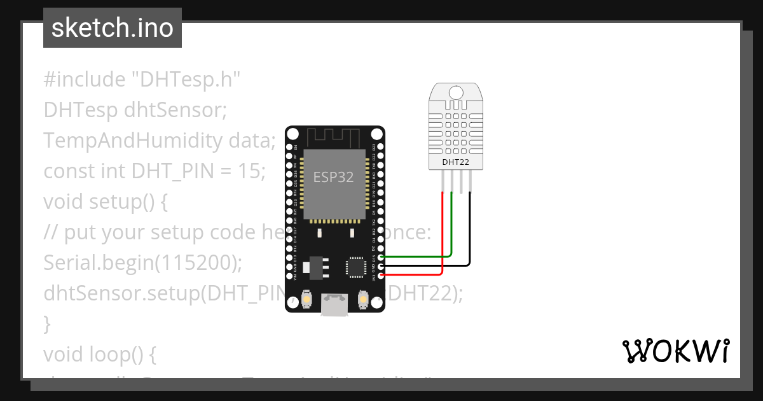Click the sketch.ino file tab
coord(113,28)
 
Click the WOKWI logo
coord(675,351)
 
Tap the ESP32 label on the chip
coord(333,176)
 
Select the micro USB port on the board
coord(334,305)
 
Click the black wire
coord(471,236)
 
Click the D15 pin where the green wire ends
coord(381,257)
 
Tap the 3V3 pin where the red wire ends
coord(381,276)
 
